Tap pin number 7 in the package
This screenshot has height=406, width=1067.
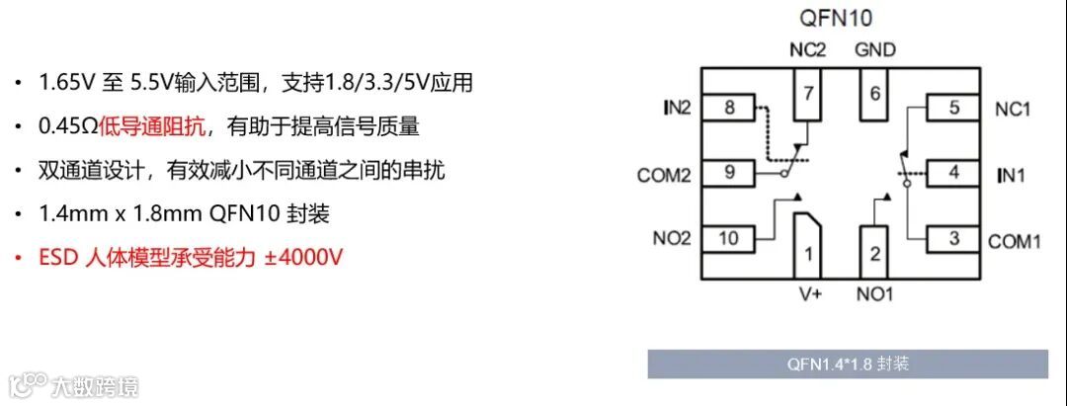point(807,95)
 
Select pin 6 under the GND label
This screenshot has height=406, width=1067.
point(873,95)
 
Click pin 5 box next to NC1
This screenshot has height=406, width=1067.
point(952,108)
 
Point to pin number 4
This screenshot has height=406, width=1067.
point(952,173)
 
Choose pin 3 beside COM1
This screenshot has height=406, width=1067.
point(952,238)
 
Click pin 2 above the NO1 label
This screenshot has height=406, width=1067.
point(873,252)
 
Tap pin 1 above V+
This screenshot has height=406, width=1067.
point(807,254)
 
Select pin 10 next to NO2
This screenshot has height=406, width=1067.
point(729,238)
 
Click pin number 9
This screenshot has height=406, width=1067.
point(729,173)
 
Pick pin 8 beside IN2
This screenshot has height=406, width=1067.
point(729,108)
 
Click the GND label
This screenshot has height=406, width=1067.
point(874,48)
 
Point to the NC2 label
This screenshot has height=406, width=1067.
point(807,48)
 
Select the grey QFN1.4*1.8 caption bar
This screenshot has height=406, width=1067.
point(847,364)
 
